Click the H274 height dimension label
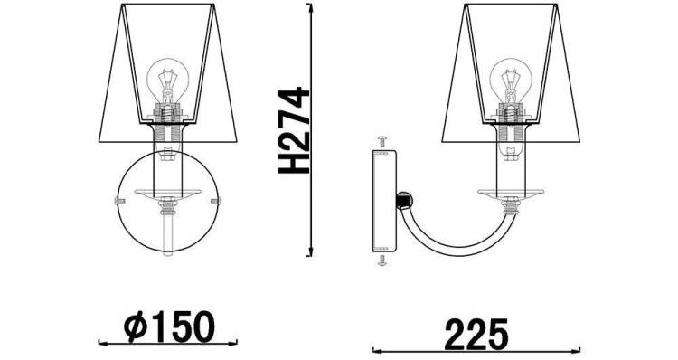[293, 130]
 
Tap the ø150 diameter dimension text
[169, 327]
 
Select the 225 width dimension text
[476, 335]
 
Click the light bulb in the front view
[168, 82]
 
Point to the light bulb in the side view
[511, 82]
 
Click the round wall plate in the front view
[118, 201]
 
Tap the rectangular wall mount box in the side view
[384, 201]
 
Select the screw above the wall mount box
[382, 141]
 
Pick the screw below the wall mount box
[382, 260]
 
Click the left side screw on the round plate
[119, 200]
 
